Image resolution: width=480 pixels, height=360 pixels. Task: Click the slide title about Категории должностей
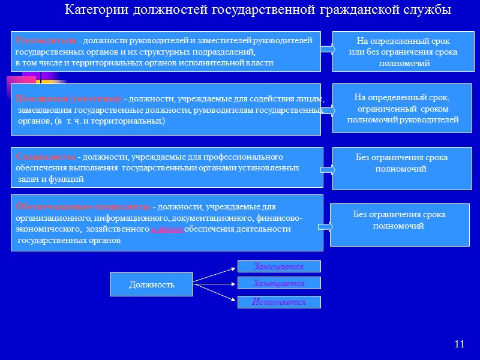(257, 10)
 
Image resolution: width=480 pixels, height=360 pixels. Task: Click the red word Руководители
(46, 40)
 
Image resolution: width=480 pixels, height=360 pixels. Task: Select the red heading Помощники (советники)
(68, 98)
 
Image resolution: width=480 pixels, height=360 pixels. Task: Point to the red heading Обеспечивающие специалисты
(83, 207)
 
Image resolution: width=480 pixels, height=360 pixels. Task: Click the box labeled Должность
(151, 284)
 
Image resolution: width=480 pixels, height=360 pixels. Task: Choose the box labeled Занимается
(279, 266)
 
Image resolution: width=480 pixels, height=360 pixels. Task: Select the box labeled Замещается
(279, 283)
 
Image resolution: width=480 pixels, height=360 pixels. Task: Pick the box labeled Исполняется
(279, 302)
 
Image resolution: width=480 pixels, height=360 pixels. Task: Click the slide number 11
(460, 344)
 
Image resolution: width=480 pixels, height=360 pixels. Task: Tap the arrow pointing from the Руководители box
(328, 50)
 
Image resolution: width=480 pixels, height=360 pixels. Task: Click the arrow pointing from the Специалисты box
(328, 170)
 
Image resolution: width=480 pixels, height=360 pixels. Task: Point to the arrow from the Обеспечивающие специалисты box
(325, 226)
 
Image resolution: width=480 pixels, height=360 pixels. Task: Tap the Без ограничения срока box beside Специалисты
(401, 163)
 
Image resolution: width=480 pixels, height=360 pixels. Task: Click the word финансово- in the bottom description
(281, 218)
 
